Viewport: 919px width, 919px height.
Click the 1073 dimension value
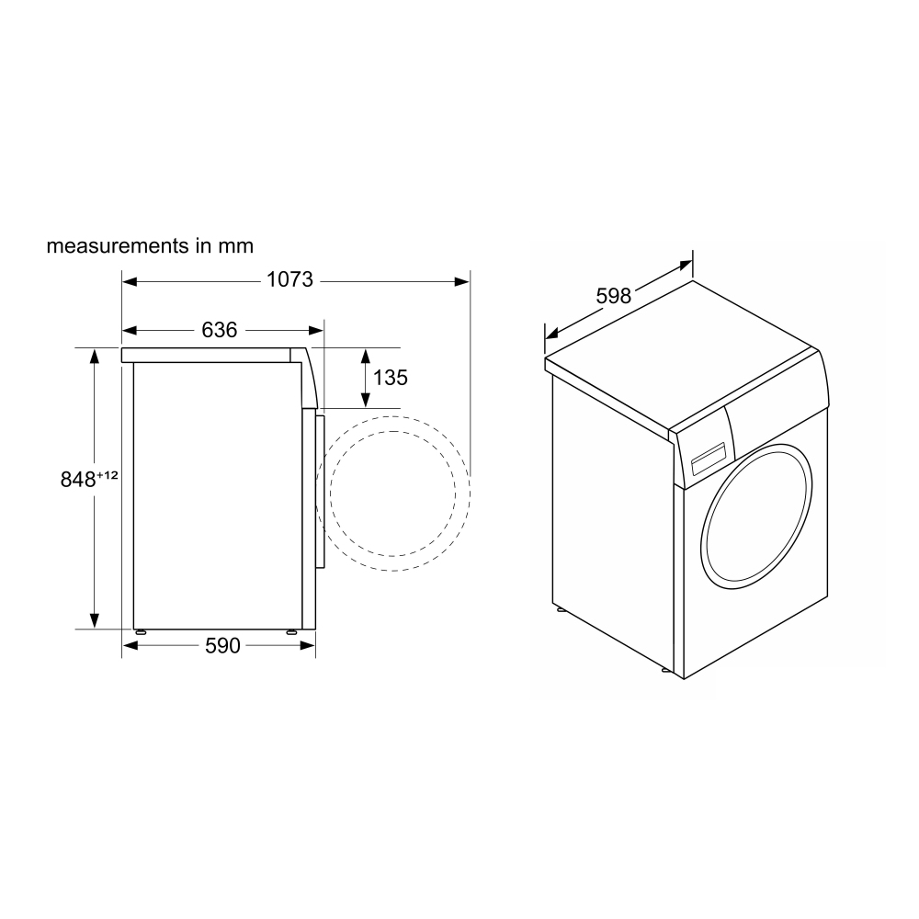pyautogui.click(x=290, y=279)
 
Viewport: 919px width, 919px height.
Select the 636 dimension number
pyautogui.click(x=220, y=330)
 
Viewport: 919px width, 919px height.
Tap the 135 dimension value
pyautogui.click(x=391, y=378)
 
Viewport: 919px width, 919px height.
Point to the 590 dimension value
pyautogui.click(x=222, y=645)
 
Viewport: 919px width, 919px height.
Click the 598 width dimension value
pyautogui.click(x=614, y=296)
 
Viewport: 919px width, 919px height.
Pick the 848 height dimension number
pyautogui.click(x=78, y=480)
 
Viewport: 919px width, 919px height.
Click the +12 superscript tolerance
pyautogui.click(x=108, y=475)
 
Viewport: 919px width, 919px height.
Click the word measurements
pyautogui.click(x=119, y=245)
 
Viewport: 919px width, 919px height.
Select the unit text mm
pyautogui.click(x=235, y=246)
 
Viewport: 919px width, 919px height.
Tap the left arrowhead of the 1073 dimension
pyautogui.click(x=129, y=282)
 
